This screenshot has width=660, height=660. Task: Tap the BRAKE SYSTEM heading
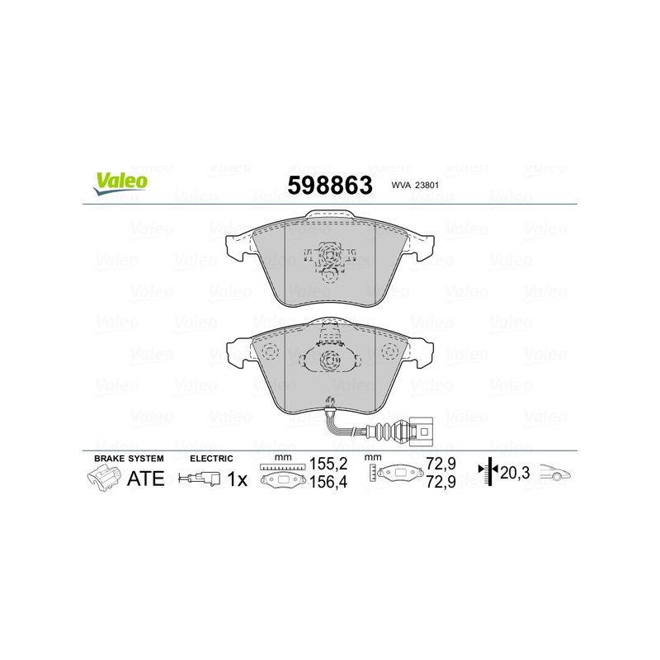(129, 457)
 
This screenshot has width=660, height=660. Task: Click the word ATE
(145, 478)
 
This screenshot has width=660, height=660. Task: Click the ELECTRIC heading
(212, 457)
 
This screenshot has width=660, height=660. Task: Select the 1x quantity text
(238, 478)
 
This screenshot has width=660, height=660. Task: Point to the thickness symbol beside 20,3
(490, 471)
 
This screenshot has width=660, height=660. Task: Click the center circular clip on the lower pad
(329, 360)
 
